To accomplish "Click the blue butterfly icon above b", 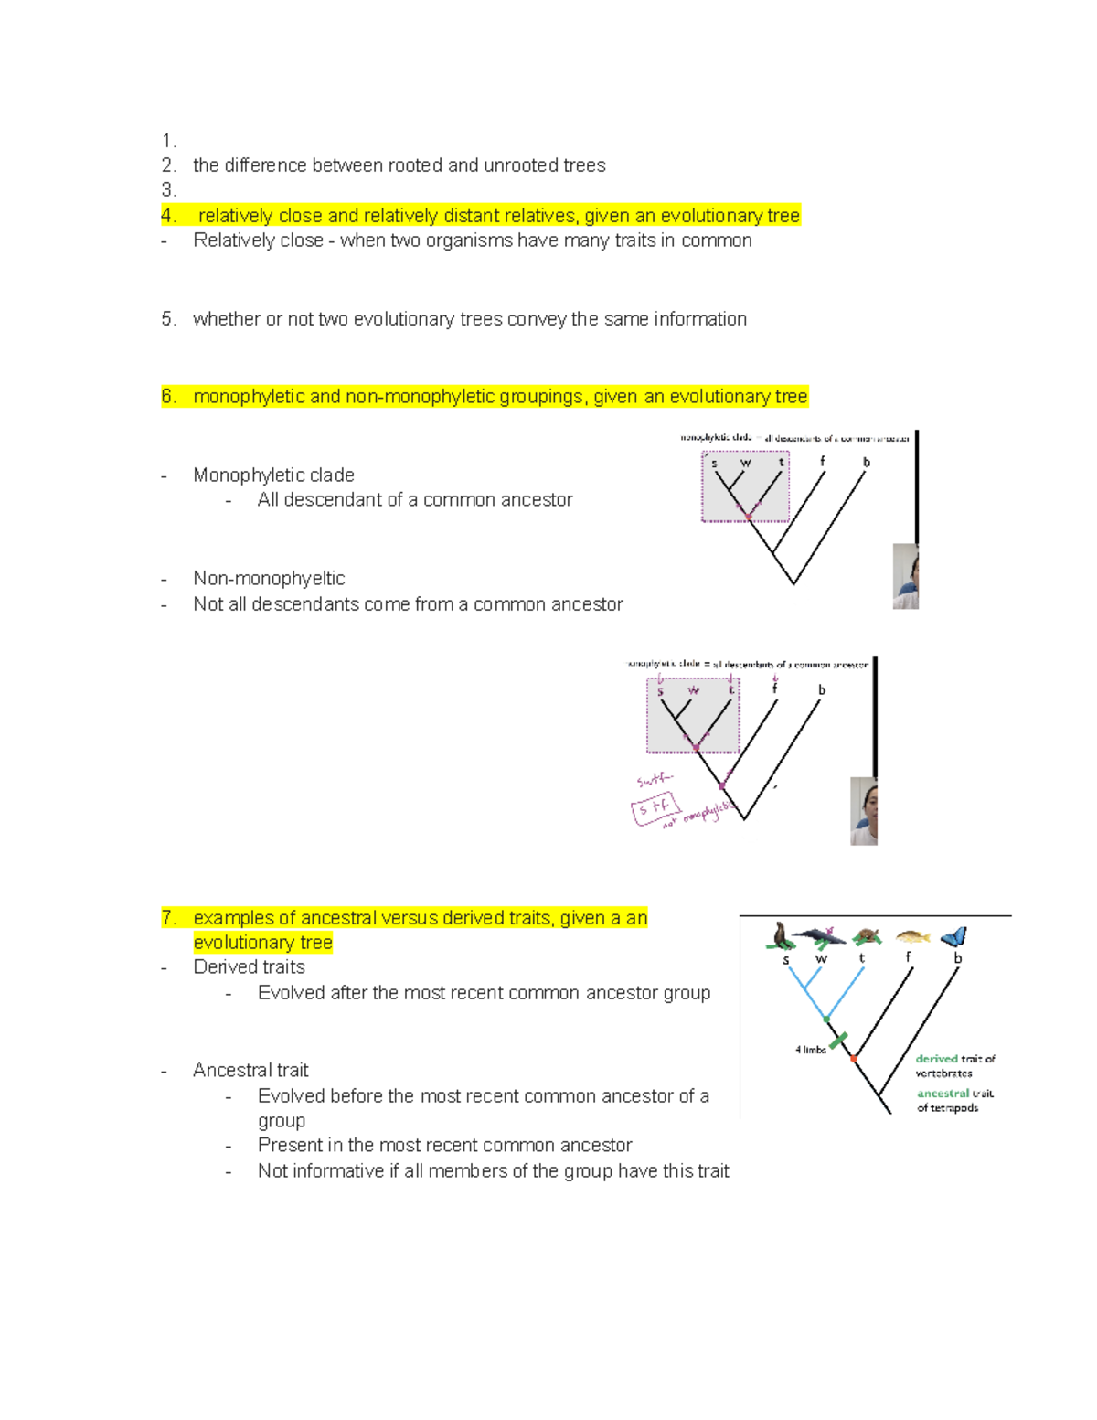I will (953, 936).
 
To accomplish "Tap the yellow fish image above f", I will (912, 936).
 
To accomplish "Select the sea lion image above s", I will (781, 936).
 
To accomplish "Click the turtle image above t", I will (866, 936).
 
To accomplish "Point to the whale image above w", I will (820, 934).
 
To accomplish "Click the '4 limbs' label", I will (810, 1050).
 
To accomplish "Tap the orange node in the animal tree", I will (853, 1058).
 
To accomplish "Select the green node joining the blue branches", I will (826, 1018).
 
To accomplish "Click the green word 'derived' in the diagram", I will (936, 1059).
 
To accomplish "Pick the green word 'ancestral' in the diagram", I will (943, 1094).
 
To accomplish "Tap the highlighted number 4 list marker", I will (168, 216).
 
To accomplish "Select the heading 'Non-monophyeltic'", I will (269, 579).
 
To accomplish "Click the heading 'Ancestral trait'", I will (250, 1070).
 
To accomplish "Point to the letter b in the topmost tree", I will (866, 463).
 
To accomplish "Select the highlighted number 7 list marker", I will (168, 918).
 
